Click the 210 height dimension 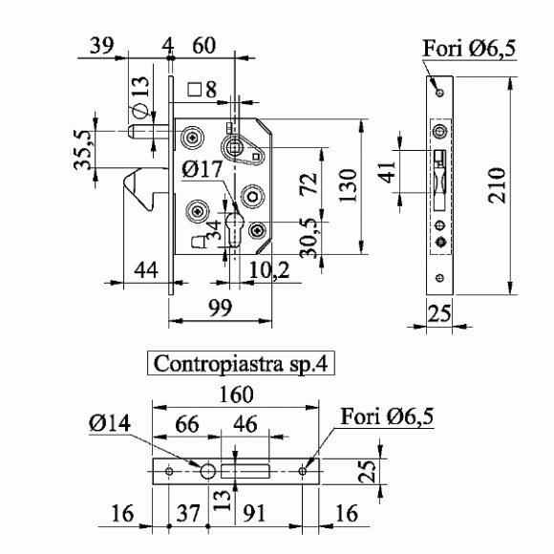coord(497,185)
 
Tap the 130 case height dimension coord(348,185)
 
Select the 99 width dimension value coord(220,308)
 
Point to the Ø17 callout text coord(202,169)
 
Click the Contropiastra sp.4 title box coord(241,363)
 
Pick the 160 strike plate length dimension coord(236,394)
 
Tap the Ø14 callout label coord(110,422)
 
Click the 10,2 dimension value coord(269,270)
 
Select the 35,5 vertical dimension coord(83,150)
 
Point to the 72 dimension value coord(309,183)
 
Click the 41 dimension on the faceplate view coord(387,172)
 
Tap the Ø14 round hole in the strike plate coord(208,471)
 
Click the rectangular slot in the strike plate coord(245,471)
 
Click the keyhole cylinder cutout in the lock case coord(235,229)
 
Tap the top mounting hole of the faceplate coord(440,93)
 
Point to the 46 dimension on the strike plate coord(245,424)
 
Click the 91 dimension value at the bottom coord(254,513)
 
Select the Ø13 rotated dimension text coord(140,96)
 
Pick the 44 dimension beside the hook coord(146,270)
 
